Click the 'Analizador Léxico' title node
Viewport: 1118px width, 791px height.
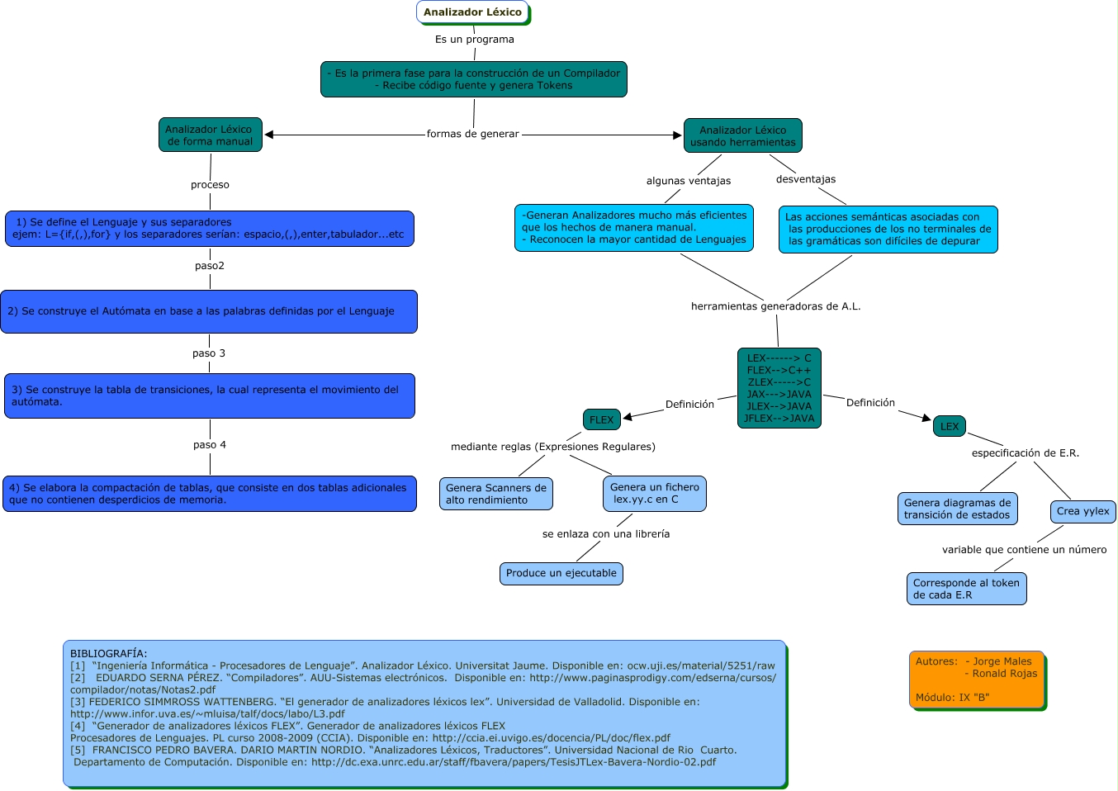(x=472, y=12)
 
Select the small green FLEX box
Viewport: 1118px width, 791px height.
(x=601, y=419)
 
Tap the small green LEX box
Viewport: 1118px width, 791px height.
(x=950, y=426)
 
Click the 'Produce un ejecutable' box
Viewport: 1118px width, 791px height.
(x=561, y=573)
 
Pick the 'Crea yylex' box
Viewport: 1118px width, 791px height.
(x=1083, y=511)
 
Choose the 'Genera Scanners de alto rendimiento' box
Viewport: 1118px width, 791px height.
(x=496, y=494)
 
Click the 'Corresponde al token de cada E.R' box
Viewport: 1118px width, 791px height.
(x=966, y=589)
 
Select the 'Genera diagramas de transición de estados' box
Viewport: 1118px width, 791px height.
(x=957, y=509)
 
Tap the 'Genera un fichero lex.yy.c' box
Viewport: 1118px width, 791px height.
(x=655, y=493)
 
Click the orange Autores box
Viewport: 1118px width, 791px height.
(x=977, y=679)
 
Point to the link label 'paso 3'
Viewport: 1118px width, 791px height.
(x=209, y=353)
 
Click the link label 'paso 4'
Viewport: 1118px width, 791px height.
(x=210, y=445)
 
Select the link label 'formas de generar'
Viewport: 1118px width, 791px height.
(x=473, y=134)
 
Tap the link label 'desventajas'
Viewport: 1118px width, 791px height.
(x=806, y=179)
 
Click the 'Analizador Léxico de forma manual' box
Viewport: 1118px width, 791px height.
(x=210, y=135)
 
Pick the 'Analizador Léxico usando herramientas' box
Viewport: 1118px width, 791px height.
(x=743, y=135)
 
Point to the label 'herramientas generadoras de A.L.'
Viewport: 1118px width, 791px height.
(x=776, y=306)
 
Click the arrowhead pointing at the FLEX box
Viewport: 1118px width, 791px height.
(x=628, y=417)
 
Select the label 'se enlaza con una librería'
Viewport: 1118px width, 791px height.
(x=606, y=534)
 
